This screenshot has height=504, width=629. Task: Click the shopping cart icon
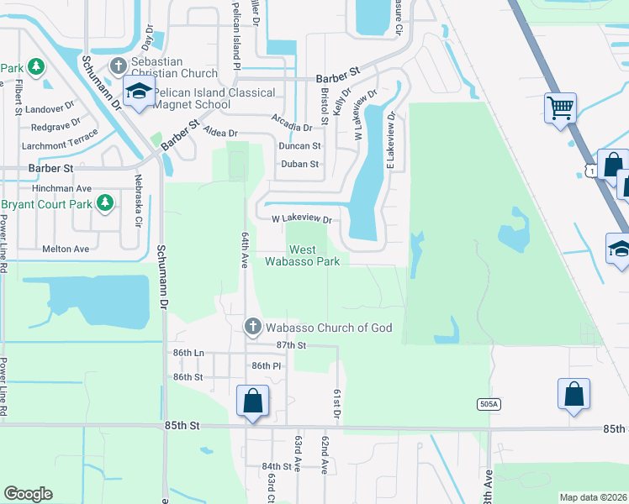560,108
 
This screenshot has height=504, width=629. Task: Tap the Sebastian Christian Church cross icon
119,66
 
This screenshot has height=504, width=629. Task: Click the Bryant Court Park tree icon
105,202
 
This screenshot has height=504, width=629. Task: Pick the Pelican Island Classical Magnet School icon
139,92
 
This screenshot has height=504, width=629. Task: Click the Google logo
28,494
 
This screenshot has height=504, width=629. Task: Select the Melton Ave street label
66,249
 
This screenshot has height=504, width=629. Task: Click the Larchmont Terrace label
58,144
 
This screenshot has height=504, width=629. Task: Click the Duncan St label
299,145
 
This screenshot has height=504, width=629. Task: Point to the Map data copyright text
593,497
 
